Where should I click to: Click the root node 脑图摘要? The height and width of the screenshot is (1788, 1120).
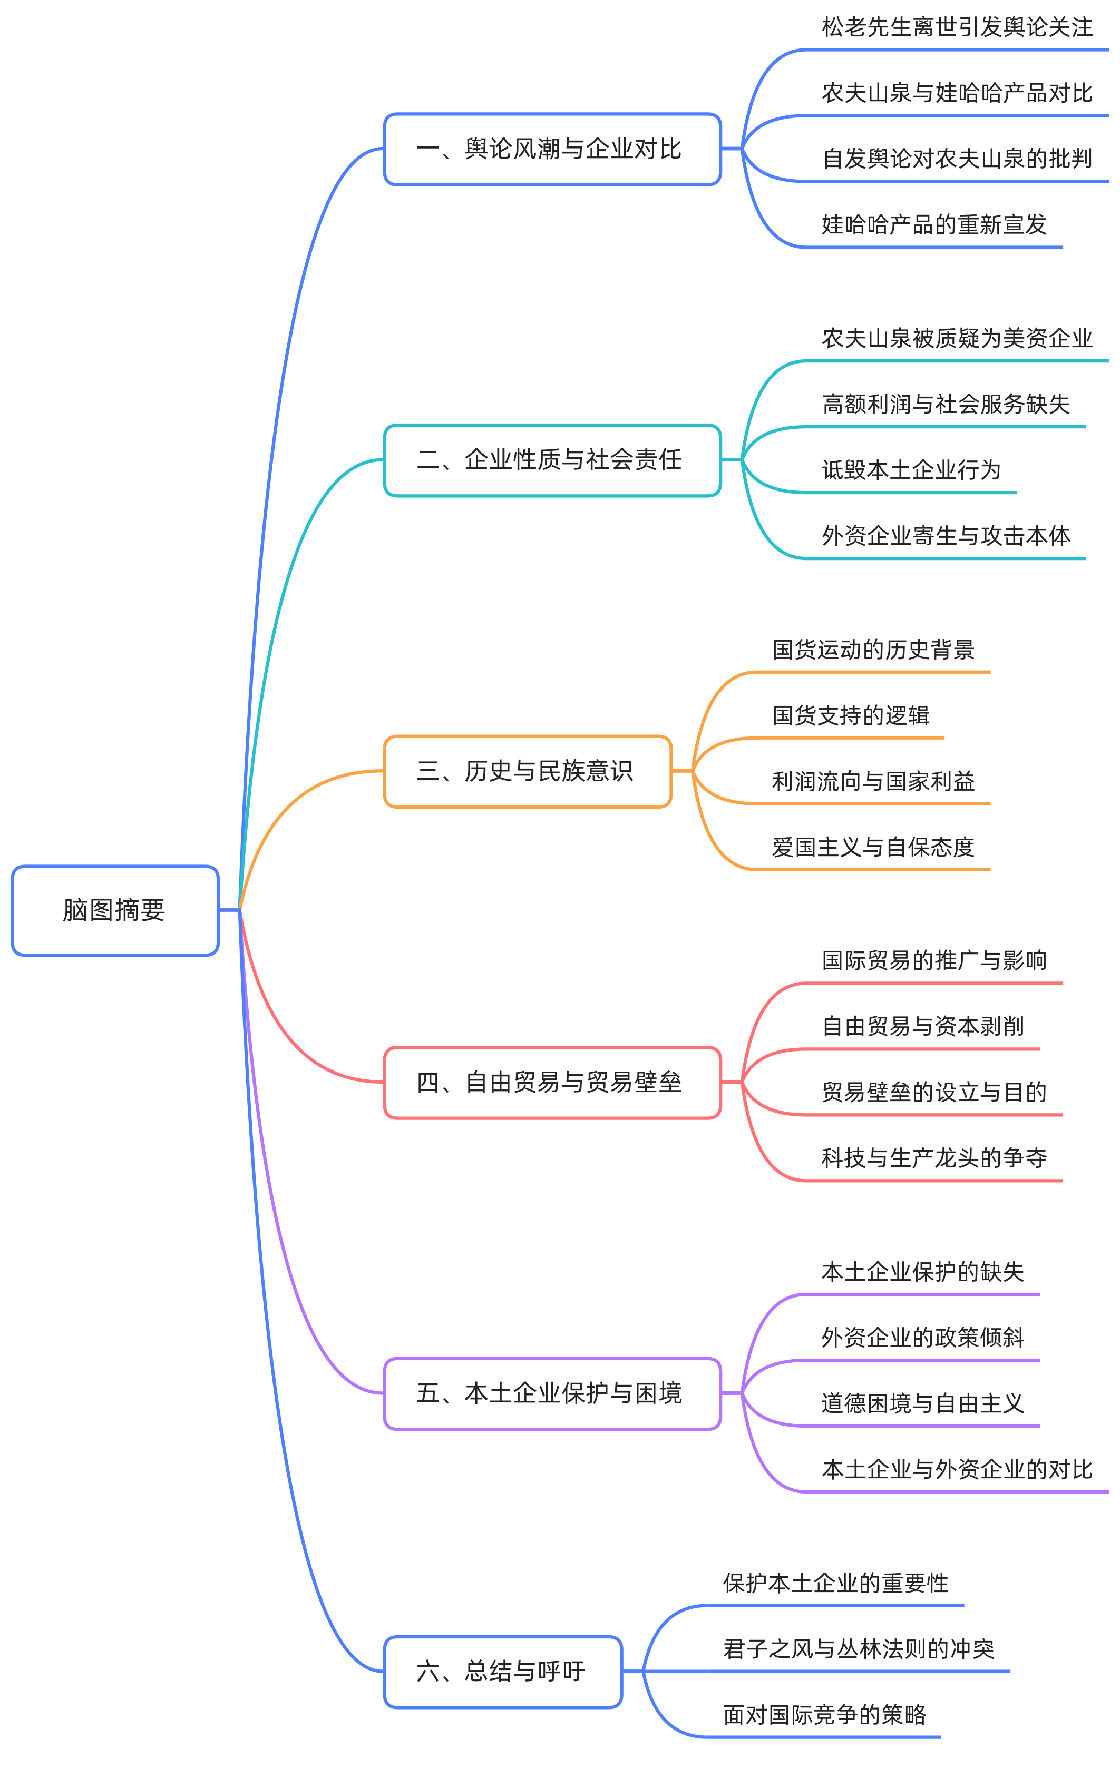115,910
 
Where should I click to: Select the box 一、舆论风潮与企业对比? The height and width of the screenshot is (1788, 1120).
552,149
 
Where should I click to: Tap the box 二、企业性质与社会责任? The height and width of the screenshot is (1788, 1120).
552,460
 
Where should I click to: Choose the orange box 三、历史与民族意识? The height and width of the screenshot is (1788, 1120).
528,771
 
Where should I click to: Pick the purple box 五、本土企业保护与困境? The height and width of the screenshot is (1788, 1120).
552,1393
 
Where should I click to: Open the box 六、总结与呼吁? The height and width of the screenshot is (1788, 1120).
503,1671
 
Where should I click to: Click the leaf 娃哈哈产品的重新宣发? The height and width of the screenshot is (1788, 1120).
933,224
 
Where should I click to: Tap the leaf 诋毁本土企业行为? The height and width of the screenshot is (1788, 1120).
911,470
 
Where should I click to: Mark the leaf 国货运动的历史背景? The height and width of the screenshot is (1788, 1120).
873,650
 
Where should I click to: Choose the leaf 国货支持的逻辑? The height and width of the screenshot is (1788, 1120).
850,715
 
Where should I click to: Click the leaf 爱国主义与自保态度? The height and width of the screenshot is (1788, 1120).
873,847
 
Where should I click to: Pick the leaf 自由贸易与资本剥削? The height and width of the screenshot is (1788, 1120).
923,1026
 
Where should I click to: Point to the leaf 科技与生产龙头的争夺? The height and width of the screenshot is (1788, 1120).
933,1158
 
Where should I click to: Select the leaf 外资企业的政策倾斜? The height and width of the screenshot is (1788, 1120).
923,1337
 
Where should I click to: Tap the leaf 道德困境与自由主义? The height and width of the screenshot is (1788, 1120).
923,1403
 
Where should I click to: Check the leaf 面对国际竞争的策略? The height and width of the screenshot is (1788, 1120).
824,1715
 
